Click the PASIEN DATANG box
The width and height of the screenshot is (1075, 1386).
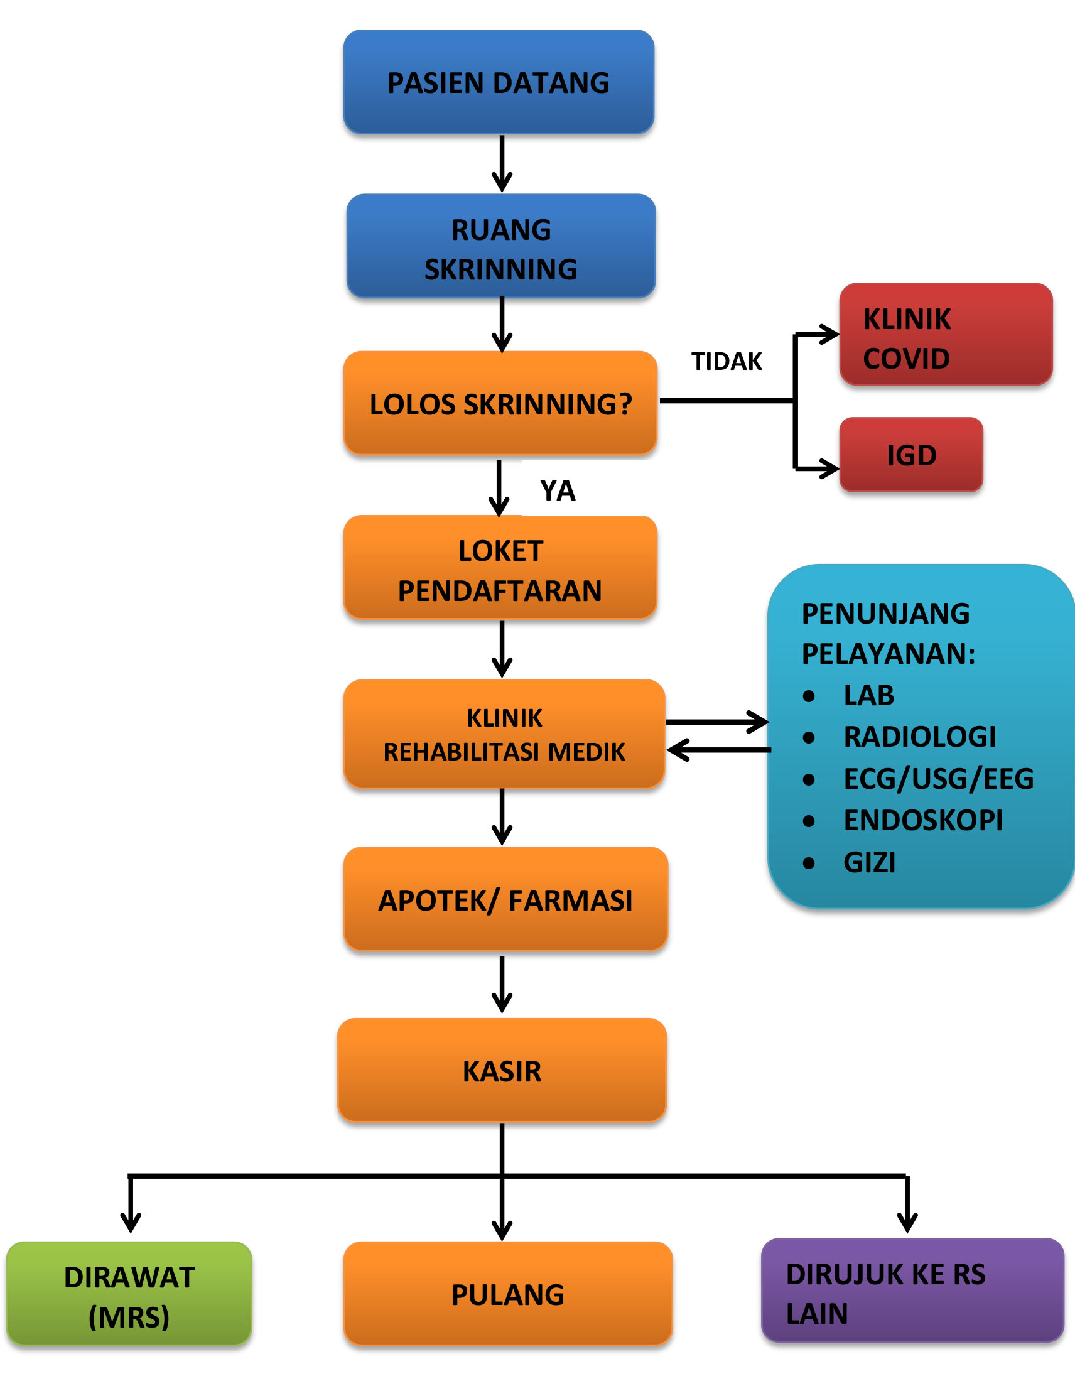(499, 82)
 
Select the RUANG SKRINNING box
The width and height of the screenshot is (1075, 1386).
(500, 246)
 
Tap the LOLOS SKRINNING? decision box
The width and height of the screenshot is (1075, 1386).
(500, 403)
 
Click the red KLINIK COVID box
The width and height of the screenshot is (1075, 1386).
(946, 335)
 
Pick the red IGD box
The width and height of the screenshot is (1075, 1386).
(911, 455)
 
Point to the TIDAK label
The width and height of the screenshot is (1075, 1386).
(727, 361)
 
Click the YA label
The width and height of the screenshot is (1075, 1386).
(558, 490)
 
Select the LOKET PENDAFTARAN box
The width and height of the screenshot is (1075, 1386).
(500, 567)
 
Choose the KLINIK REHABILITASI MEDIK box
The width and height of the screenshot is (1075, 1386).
(504, 734)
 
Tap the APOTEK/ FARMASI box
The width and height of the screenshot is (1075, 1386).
(505, 899)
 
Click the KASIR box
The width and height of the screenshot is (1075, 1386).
(502, 1071)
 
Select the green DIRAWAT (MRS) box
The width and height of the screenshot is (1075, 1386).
(129, 1293)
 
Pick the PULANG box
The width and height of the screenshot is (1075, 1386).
(508, 1294)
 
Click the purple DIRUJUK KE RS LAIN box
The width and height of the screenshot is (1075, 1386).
(912, 1290)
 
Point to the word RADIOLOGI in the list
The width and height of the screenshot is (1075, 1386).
(919, 737)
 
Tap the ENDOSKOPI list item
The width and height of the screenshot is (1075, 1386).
(923, 821)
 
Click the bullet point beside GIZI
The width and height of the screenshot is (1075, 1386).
(809, 862)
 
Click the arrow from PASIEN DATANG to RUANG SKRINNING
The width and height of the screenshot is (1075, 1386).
(502, 164)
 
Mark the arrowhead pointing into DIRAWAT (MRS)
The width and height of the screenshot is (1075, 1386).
(131, 1222)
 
